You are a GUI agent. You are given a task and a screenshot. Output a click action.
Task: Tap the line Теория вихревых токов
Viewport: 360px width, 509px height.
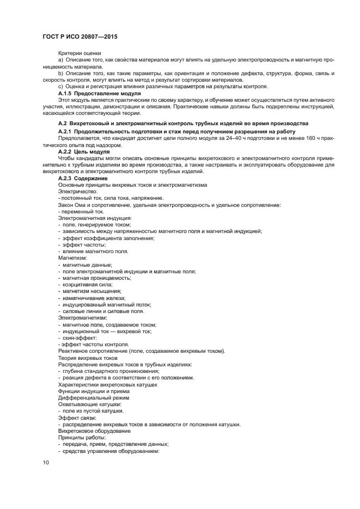coord(87,358)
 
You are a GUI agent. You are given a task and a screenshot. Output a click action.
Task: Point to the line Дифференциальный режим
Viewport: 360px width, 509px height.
coord(90,398)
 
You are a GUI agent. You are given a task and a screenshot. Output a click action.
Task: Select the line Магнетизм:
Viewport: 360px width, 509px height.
coord(72,258)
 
